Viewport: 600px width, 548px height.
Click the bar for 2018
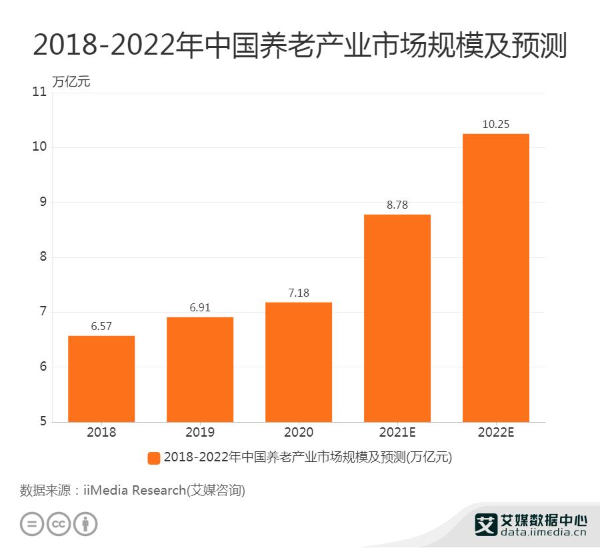101,379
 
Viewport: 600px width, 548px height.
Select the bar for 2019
200,369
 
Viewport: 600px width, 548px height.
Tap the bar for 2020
299,362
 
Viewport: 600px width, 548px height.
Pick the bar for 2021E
397,318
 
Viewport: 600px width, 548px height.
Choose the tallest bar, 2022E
496,278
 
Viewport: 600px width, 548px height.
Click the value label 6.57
101,327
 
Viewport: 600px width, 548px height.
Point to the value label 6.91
200,309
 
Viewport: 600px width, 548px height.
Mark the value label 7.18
299,293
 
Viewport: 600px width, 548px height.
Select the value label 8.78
397,205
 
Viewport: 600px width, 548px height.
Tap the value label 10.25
496,125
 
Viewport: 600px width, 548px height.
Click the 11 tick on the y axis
39,92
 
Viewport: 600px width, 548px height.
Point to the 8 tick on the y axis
43,257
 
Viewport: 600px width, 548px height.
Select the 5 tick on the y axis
43,421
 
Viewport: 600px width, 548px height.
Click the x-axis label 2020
299,432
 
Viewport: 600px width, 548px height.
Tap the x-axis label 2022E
496,432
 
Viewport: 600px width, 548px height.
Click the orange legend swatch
154,457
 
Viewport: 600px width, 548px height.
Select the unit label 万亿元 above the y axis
71,83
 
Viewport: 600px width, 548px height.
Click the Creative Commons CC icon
59,523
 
